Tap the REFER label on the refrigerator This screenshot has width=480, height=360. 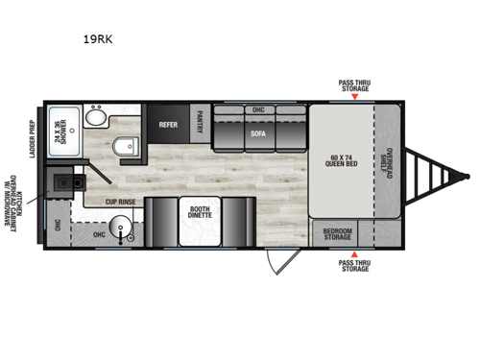coord(168,124)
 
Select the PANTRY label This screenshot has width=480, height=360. coord(200,123)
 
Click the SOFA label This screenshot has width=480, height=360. coord(258,134)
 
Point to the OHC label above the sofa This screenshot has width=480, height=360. coord(258,109)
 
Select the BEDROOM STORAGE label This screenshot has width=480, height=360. coord(338,233)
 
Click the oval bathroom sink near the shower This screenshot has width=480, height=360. coord(93,119)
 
